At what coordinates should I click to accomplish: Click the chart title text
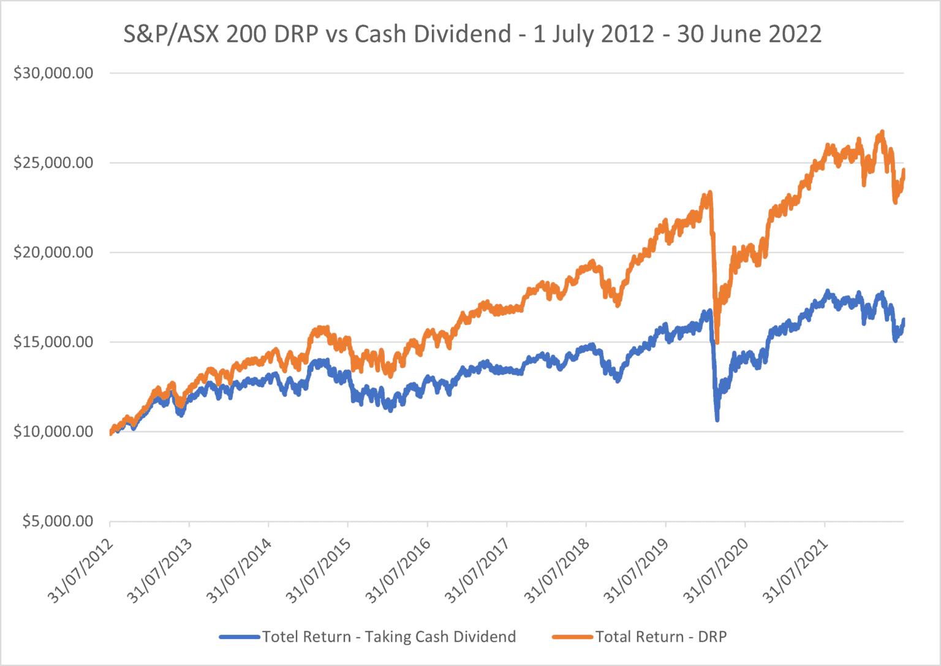click(x=472, y=34)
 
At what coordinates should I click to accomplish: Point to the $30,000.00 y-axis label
click(x=53, y=74)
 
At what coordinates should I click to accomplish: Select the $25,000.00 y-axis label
click(x=53, y=163)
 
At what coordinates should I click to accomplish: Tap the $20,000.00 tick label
click(x=53, y=253)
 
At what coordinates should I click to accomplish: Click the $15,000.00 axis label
click(x=53, y=342)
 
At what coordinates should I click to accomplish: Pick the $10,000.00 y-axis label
click(x=53, y=432)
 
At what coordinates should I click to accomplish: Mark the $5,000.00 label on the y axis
click(x=58, y=521)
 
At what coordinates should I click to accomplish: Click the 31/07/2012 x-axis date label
click(x=81, y=570)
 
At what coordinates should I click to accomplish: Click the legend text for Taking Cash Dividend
click(x=389, y=637)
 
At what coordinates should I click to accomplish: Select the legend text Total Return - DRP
click(x=660, y=637)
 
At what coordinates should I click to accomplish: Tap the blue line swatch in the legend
click(x=240, y=637)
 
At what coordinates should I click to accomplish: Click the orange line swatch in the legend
click(x=572, y=637)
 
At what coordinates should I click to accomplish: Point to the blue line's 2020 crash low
click(x=717, y=419)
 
